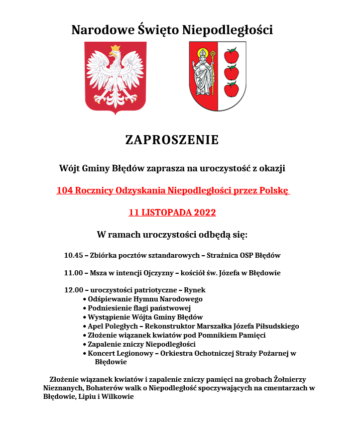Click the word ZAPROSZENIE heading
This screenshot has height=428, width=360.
(x=172, y=140)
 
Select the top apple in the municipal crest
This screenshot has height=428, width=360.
(x=231, y=55)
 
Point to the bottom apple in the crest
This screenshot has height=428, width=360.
(x=231, y=89)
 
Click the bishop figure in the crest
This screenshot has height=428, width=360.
(x=203, y=73)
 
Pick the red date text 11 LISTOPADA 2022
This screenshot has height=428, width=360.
(x=172, y=212)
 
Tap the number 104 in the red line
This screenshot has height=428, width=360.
(x=65, y=191)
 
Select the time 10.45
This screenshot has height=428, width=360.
(x=73, y=255)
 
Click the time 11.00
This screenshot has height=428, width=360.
(x=73, y=273)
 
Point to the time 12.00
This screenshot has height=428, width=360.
(x=73, y=290)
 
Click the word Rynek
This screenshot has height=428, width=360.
(x=195, y=290)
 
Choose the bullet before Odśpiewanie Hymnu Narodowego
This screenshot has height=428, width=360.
(x=84, y=299)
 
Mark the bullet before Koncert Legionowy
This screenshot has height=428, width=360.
(x=84, y=354)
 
